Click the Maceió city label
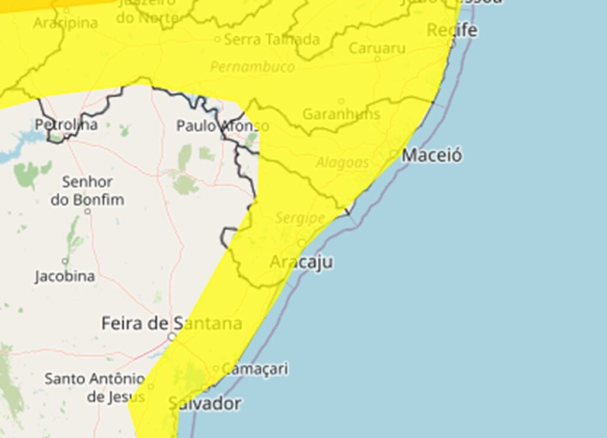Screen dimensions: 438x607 (432, 155)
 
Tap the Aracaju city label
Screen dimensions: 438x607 (301, 262)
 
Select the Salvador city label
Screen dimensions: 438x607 (205, 404)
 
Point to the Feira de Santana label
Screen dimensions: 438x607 (171, 323)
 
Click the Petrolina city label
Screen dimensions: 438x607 (66, 125)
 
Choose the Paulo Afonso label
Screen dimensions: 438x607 (222, 126)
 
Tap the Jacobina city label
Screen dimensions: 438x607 (65, 277)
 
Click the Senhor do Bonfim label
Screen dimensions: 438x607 (87, 191)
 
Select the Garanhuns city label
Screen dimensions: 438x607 (341, 114)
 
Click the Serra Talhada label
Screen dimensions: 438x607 (272, 40)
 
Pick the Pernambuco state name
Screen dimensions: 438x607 (252, 66)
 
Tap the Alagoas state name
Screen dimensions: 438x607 (342, 163)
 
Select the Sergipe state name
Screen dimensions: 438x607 (300, 218)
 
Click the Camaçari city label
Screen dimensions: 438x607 (255, 369)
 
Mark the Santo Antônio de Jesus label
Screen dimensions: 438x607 (95, 387)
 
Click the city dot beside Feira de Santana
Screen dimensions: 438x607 (171, 337)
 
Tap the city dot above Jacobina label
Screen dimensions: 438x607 (65, 261)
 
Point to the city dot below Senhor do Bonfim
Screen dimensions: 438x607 (87, 211)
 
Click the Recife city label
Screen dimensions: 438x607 (452, 30)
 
